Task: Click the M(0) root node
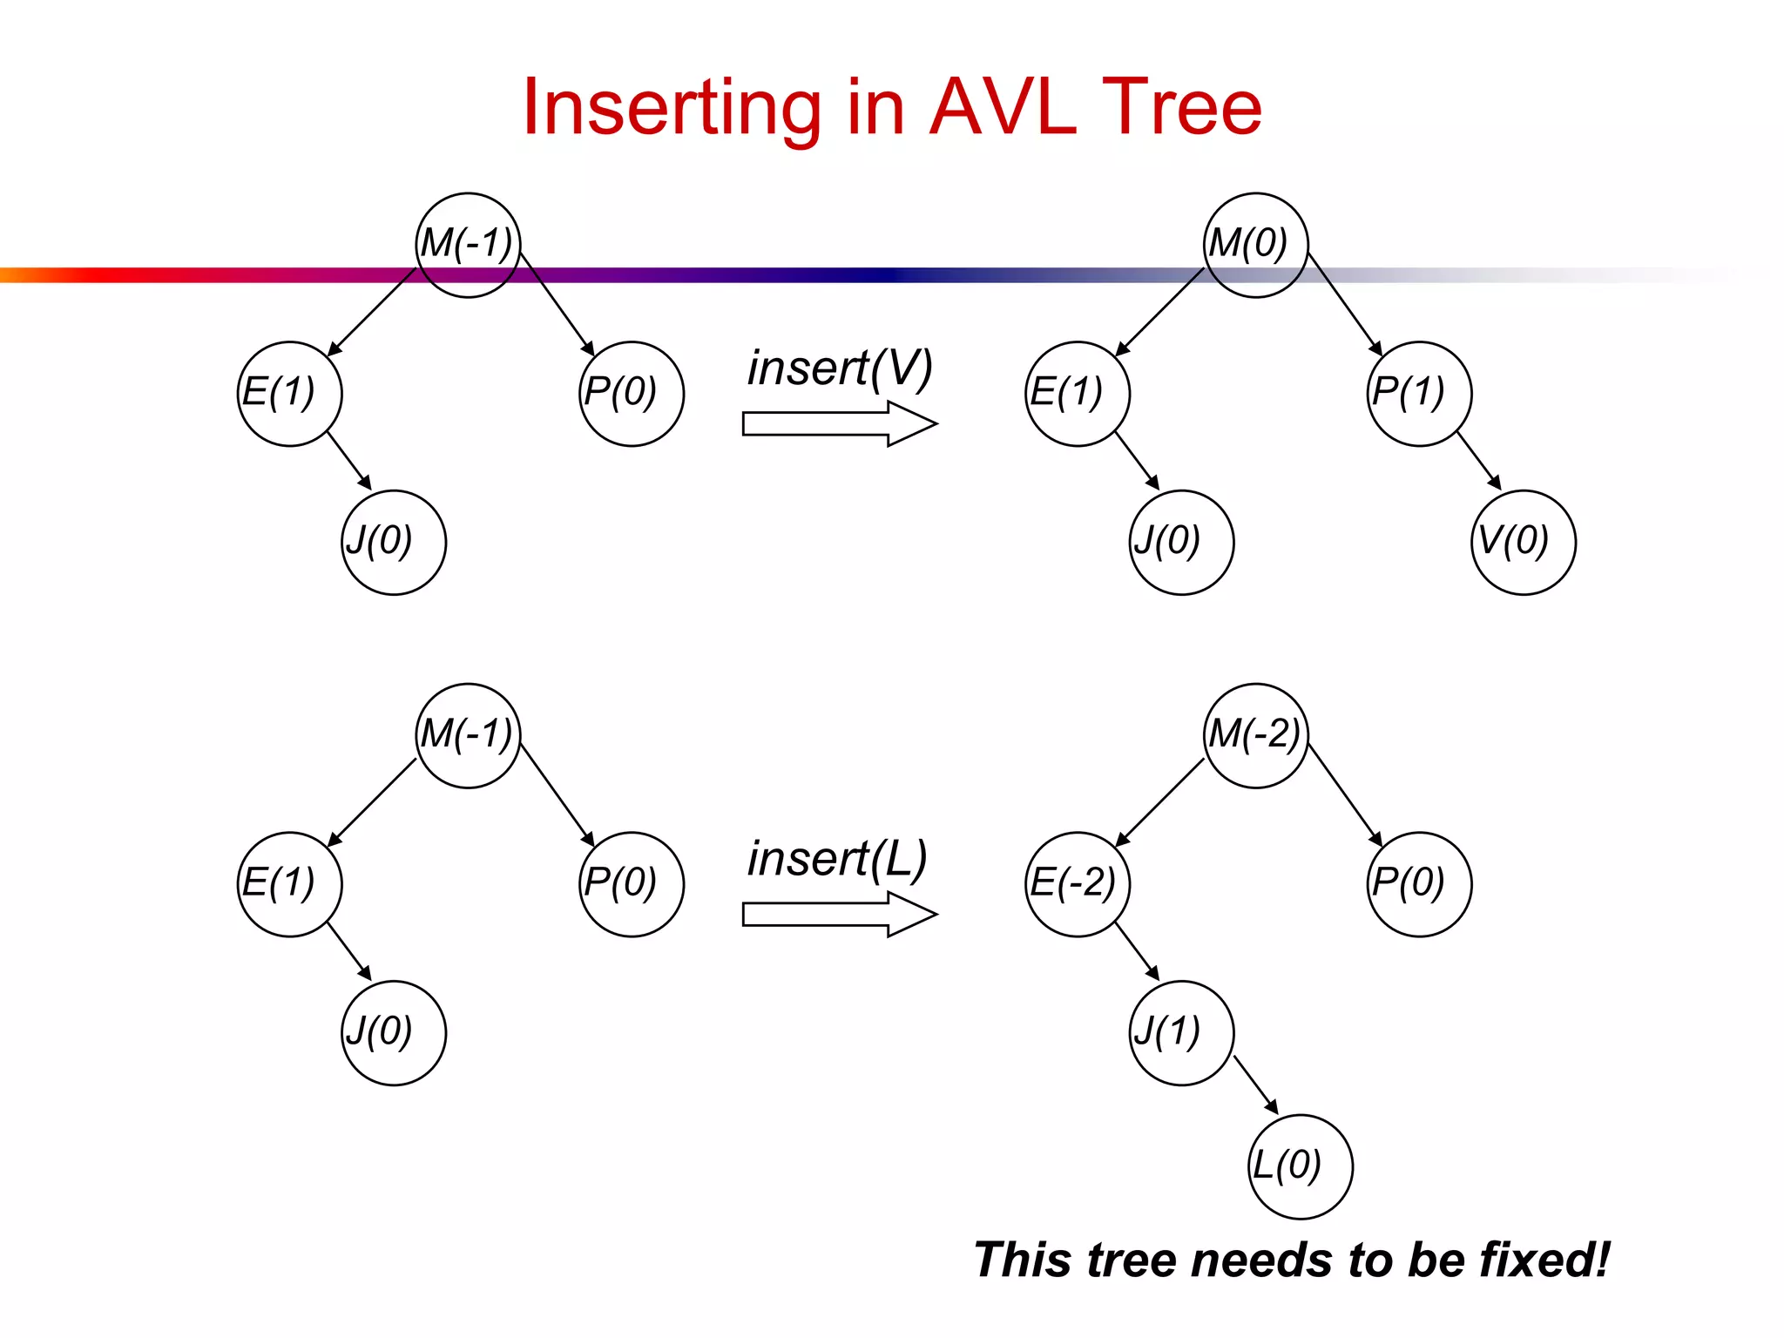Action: pos(1254,245)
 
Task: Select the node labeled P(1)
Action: pos(1418,394)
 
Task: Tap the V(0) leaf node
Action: pos(1523,542)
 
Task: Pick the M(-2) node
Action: pos(1254,735)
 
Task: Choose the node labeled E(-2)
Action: pos(1077,884)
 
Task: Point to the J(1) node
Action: pos(1181,1032)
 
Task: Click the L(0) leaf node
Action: pos(1300,1166)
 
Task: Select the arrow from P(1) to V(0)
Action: pos(1479,460)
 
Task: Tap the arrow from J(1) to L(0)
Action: pos(1255,1085)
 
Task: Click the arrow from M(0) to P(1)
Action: pos(1345,304)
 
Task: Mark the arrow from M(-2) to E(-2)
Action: pos(1159,802)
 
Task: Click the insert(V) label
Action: pos(840,368)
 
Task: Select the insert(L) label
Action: pos(837,859)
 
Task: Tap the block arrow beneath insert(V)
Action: pos(839,424)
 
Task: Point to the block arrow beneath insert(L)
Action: pos(839,915)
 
